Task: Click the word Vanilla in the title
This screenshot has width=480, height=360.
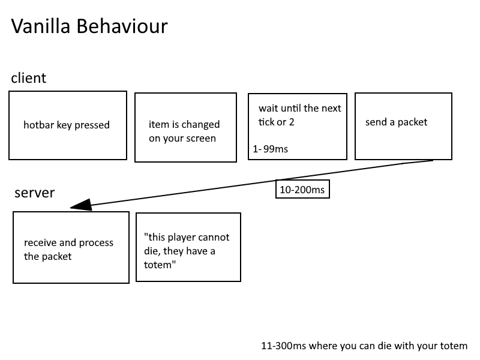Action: tap(41, 26)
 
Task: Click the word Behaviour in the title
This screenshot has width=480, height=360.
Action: tap(122, 26)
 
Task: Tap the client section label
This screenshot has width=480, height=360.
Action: tap(28, 78)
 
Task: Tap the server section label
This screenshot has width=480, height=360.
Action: tap(35, 193)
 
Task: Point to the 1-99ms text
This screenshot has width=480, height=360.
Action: tap(271, 149)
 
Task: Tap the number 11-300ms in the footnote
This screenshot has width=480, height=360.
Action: tap(283, 346)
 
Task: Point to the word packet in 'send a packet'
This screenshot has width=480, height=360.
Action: tap(412, 122)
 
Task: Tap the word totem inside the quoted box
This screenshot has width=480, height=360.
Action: tap(160, 265)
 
